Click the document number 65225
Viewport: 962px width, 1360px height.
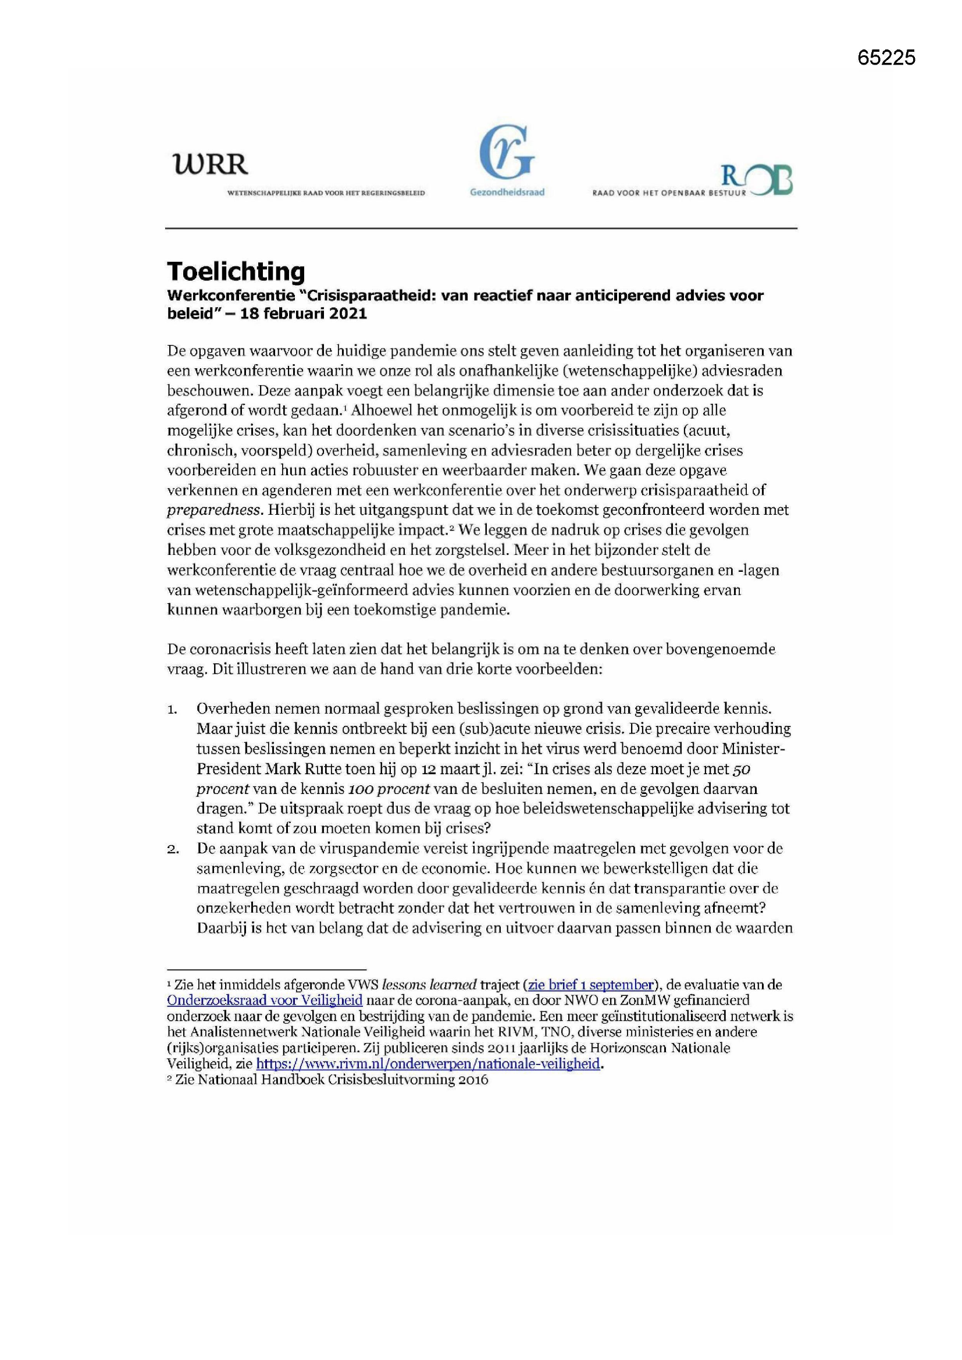[886, 58]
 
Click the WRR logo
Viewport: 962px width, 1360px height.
[210, 163]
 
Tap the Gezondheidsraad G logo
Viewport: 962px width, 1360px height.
[507, 152]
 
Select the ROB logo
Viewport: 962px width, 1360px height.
[757, 180]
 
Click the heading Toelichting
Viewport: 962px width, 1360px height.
[236, 271]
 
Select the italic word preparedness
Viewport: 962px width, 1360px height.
[214, 510]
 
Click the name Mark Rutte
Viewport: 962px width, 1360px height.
[296, 770]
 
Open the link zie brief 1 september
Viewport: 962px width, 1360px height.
[590, 985]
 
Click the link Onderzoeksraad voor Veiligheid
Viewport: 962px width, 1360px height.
[264, 1001]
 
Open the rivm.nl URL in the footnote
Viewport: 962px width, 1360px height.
[427, 1064]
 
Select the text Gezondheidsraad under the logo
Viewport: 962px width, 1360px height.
[507, 193]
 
